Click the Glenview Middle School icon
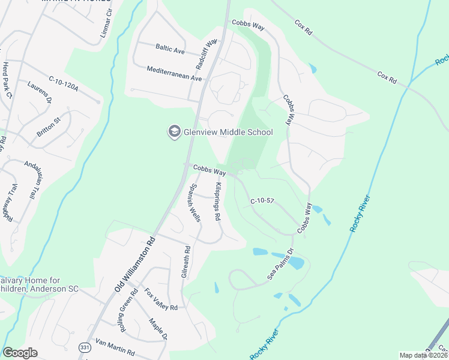click(174, 132)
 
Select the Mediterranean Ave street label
click(175, 73)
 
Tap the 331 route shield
click(85, 347)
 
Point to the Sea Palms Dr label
click(280, 264)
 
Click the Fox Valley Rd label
click(161, 299)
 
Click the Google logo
click(20, 352)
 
